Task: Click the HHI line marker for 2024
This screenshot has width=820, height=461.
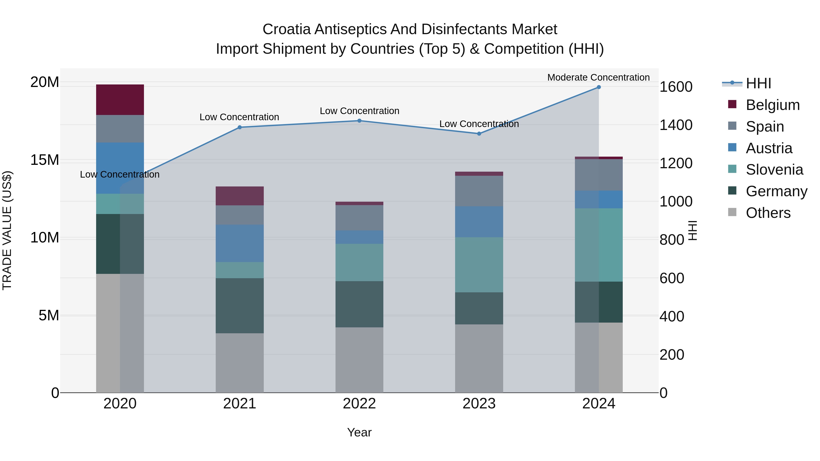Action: click(x=598, y=87)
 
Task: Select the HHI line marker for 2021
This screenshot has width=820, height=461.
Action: click(x=240, y=127)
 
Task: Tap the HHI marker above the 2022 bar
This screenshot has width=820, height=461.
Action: click(x=359, y=121)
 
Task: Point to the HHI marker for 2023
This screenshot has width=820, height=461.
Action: click(x=479, y=134)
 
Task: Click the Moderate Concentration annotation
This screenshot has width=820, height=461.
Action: click(x=598, y=77)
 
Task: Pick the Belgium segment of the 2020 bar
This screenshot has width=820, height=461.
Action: click(x=120, y=99)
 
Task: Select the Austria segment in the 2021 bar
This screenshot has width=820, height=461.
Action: click(x=240, y=243)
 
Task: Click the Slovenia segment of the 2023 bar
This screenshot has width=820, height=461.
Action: click(x=479, y=265)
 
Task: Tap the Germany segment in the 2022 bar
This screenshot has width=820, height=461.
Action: click(x=359, y=304)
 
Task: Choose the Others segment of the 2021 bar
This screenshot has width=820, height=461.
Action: click(x=240, y=363)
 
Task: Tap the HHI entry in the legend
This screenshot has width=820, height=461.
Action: click(x=758, y=83)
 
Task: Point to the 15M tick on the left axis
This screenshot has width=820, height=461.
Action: click(x=45, y=160)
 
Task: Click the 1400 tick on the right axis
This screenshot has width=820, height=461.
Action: click(x=676, y=125)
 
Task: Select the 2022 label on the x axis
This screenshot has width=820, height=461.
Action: click(x=359, y=404)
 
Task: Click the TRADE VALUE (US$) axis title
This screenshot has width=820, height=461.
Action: click(x=7, y=230)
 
